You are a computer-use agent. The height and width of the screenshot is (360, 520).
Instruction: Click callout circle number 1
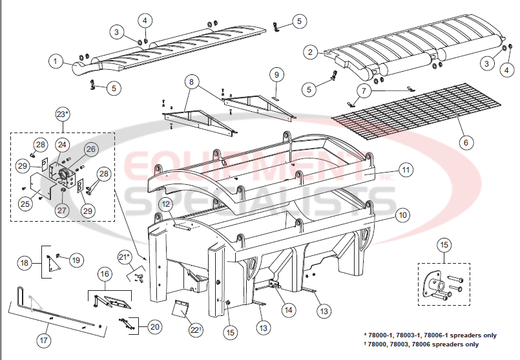[56, 61]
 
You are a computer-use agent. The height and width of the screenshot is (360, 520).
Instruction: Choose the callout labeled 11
[405, 171]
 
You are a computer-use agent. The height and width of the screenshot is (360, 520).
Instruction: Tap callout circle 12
[166, 205]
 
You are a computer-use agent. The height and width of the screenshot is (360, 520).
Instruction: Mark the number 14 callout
[287, 310]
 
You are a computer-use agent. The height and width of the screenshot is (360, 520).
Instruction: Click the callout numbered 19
[77, 260]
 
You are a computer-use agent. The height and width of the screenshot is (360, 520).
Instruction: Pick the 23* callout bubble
[63, 114]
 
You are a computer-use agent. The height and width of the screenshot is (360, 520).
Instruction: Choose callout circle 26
[90, 149]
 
